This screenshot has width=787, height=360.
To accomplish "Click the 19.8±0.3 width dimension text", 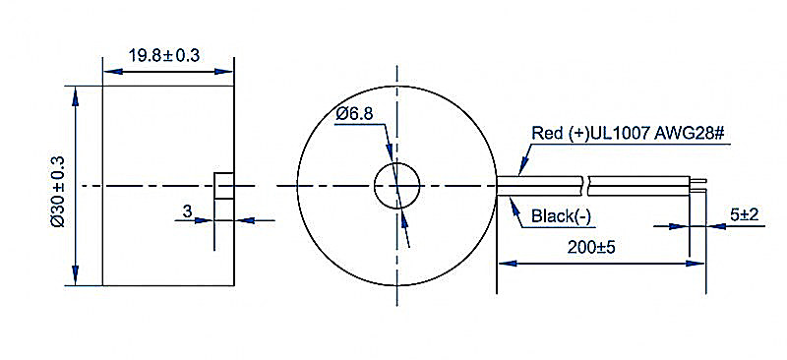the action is coord(164,55).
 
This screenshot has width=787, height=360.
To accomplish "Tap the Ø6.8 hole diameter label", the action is coord(355,114).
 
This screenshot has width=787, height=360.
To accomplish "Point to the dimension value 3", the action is coord(187,211).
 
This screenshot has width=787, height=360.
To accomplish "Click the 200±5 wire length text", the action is coord(591,247).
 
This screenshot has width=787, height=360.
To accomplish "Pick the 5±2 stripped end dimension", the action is coord(744,215).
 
